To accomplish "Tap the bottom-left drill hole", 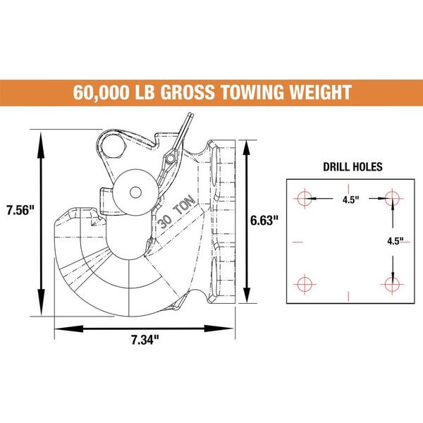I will click(x=305, y=284).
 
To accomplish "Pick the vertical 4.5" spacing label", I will click(x=396, y=240).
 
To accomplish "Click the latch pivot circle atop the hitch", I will click(x=112, y=146).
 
